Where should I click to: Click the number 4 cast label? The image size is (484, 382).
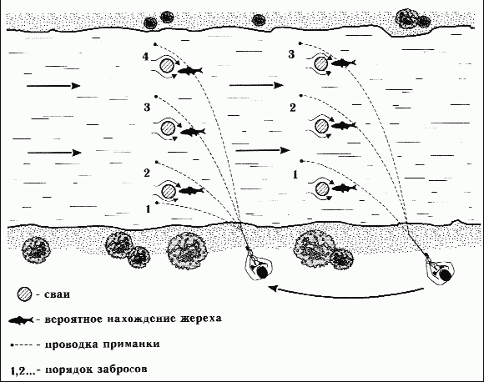coord(146,57)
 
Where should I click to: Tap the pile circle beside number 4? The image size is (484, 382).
coord(167,65)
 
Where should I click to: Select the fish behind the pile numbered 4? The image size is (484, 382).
coord(190,71)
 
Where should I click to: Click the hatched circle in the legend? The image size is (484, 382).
coord(24,294)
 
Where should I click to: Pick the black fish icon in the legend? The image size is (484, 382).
coord(21,320)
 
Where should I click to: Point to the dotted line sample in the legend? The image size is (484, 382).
coord(22,344)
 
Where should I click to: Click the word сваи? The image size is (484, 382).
coord(58,294)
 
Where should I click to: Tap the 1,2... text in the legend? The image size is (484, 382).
coord(23,370)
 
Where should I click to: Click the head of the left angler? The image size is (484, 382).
coord(262,272)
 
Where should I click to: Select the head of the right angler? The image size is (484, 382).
coord(445,275)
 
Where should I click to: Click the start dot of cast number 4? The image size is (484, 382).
coord(155,44)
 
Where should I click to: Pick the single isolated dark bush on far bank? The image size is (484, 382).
coord(259,20)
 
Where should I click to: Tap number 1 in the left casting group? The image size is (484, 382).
coord(149,209)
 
